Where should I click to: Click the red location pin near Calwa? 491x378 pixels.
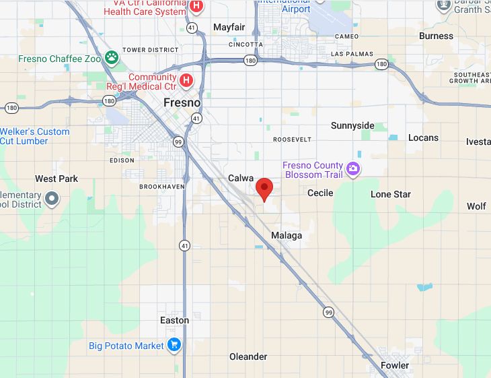(264, 188)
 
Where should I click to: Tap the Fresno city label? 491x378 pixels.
(182, 102)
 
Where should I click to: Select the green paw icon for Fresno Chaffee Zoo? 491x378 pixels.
(112, 58)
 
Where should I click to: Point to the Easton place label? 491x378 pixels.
(174, 320)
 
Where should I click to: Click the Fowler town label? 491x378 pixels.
(394, 365)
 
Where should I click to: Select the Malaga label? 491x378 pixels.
(287, 236)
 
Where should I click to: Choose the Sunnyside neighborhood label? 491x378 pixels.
(352, 126)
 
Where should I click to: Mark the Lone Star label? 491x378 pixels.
(391, 194)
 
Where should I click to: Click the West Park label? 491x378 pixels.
(56, 179)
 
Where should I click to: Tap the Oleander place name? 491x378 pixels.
(248, 356)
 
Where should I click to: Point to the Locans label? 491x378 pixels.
(423, 137)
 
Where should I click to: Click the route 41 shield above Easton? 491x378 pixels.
(184, 246)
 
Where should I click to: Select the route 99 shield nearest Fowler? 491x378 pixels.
(328, 312)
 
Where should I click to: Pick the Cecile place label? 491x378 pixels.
(320, 193)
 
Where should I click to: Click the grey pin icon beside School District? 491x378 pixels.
(51, 199)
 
